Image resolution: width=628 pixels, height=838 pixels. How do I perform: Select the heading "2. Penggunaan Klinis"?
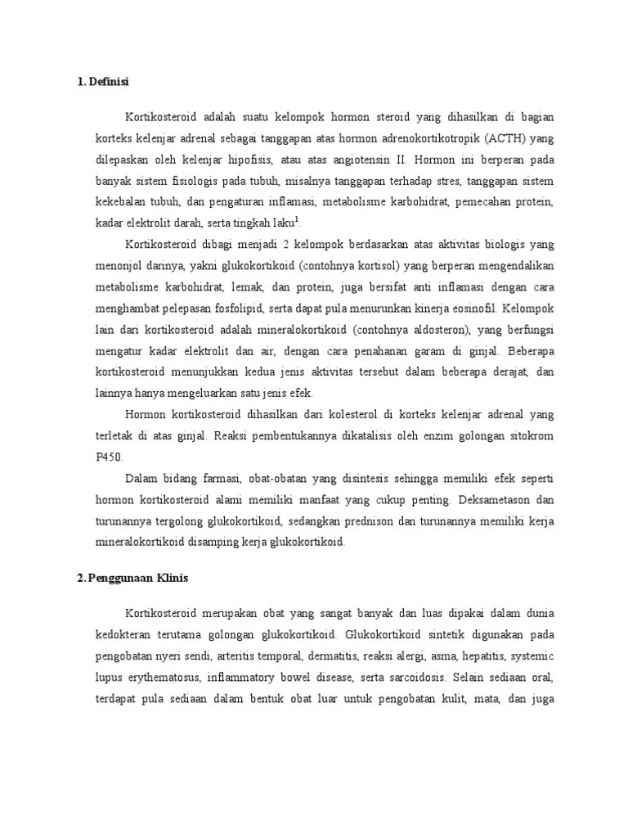(132, 578)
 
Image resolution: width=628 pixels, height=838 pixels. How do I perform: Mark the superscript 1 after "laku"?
(296, 219)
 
